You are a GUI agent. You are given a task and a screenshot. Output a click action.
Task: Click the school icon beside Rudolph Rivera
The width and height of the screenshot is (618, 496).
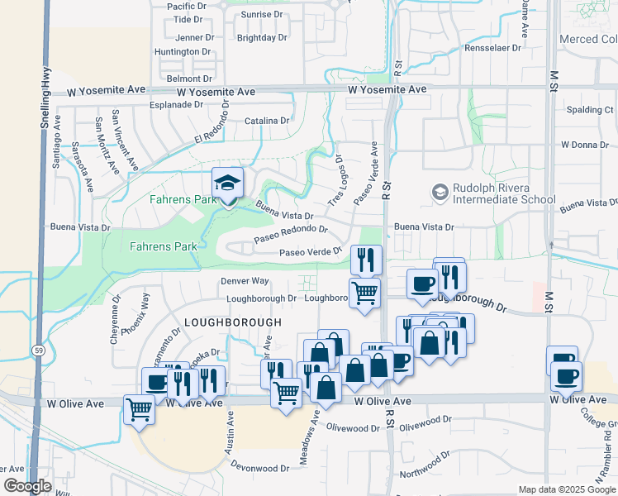440,193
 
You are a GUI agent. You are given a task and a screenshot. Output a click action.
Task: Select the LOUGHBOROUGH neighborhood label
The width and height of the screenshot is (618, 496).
233,322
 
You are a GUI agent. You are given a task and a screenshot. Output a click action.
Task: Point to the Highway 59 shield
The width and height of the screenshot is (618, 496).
39,351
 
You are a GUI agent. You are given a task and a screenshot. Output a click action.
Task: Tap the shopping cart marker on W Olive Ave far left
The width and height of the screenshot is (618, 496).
139,408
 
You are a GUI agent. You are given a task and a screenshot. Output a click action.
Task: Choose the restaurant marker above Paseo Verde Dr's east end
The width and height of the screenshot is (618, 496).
366,260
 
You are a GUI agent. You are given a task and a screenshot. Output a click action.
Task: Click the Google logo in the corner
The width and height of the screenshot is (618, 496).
26,485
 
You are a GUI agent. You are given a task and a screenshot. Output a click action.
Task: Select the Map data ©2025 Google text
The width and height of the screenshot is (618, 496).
566,489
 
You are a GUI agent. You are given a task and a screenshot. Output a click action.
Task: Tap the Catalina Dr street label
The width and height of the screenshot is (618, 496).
267,121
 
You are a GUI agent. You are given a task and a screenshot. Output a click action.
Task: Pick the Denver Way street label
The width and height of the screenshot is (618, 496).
245,281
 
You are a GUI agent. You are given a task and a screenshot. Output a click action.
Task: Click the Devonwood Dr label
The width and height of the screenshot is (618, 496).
260,467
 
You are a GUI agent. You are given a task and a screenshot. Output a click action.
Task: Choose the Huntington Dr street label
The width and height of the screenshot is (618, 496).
183,52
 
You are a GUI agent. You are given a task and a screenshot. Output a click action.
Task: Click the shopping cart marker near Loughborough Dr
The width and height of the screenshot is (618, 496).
364,293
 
